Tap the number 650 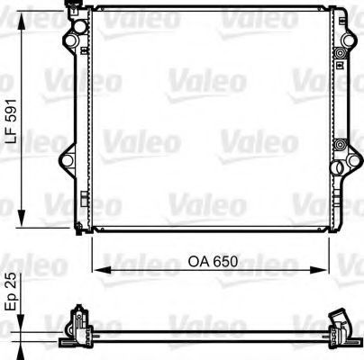[228, 262]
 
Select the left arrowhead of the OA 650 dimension [100, 268]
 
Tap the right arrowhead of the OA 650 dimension [320, 268]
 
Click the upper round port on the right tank [340, 56]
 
